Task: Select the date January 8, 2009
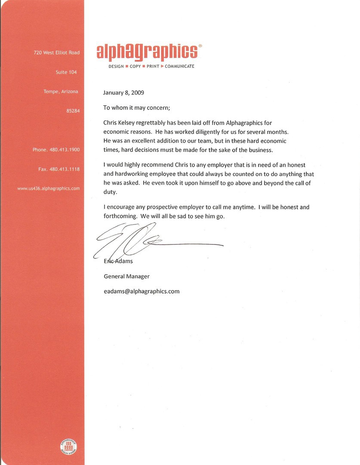[x=123, y=93]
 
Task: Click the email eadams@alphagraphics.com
[x=142, y=291]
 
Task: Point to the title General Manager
[x=126, y=276]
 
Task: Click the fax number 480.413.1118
[x=65, y=169]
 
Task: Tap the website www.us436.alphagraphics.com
[x=48, y=188]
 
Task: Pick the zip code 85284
[x=73, y=111]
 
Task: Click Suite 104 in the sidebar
[x=66, y=72]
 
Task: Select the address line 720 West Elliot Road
[x=56, y=53]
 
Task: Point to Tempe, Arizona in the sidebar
[x=61, y=91]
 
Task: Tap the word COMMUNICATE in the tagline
[x=179, y=66]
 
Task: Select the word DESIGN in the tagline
[x=116, y=66]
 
